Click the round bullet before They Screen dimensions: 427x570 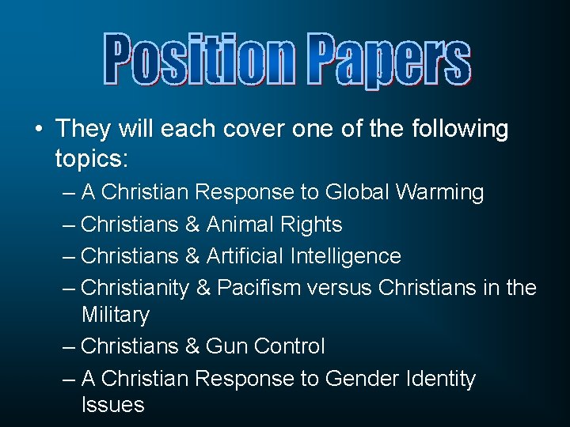pyautogui.click(x=37, y=129)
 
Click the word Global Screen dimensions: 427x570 pyautogui.click(x=359, y=192)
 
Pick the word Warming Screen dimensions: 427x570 pyautogui.click(x=440, y=192)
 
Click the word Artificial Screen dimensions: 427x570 pyautogui.click(x=245, y=256)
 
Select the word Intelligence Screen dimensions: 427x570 pyautogui.click(x=346, y=256)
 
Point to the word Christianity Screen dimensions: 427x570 pyautogui.click(x=135, y=288)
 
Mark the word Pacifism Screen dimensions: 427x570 pyautogui.click(x=254, y=288)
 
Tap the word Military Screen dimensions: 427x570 pyautogui.click(x=116, y=315)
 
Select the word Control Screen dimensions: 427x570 pyautogui.click(x=290, y=346)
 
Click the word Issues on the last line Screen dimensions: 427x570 pyautogui.click(x=113, y=406)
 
